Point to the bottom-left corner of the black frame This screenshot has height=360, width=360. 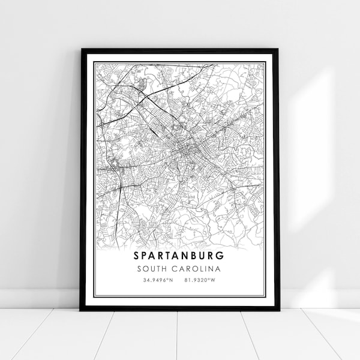click(x=81, y=310)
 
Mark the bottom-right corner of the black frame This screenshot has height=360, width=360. click(x=278, y=310)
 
